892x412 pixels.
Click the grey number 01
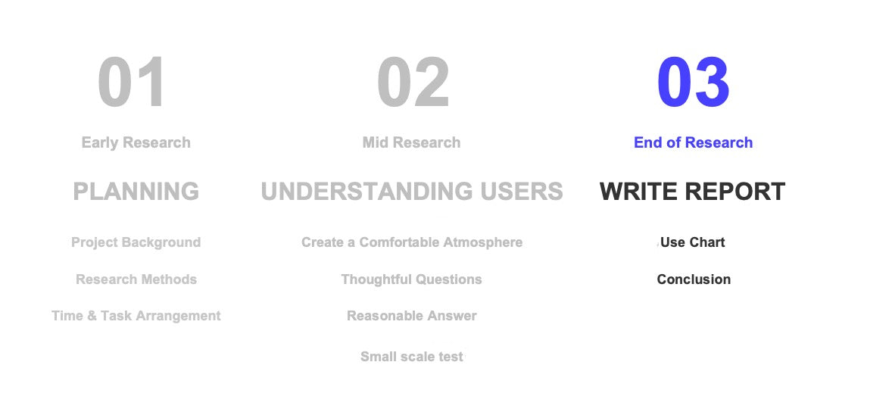132,83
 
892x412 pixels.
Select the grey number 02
413,83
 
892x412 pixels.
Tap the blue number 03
693,83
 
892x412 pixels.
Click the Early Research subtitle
136,142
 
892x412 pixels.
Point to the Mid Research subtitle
411,142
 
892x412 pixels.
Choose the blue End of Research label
693,142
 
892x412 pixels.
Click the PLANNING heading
136,192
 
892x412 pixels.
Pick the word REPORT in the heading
738,192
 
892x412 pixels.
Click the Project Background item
136,242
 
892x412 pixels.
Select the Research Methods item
136,279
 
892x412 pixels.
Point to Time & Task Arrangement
136,316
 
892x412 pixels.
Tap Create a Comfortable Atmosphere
412,242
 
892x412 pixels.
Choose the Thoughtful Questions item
412,279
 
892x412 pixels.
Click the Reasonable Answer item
412,316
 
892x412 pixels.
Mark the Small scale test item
412,357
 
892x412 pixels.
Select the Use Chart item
693,242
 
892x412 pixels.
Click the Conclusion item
694,279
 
